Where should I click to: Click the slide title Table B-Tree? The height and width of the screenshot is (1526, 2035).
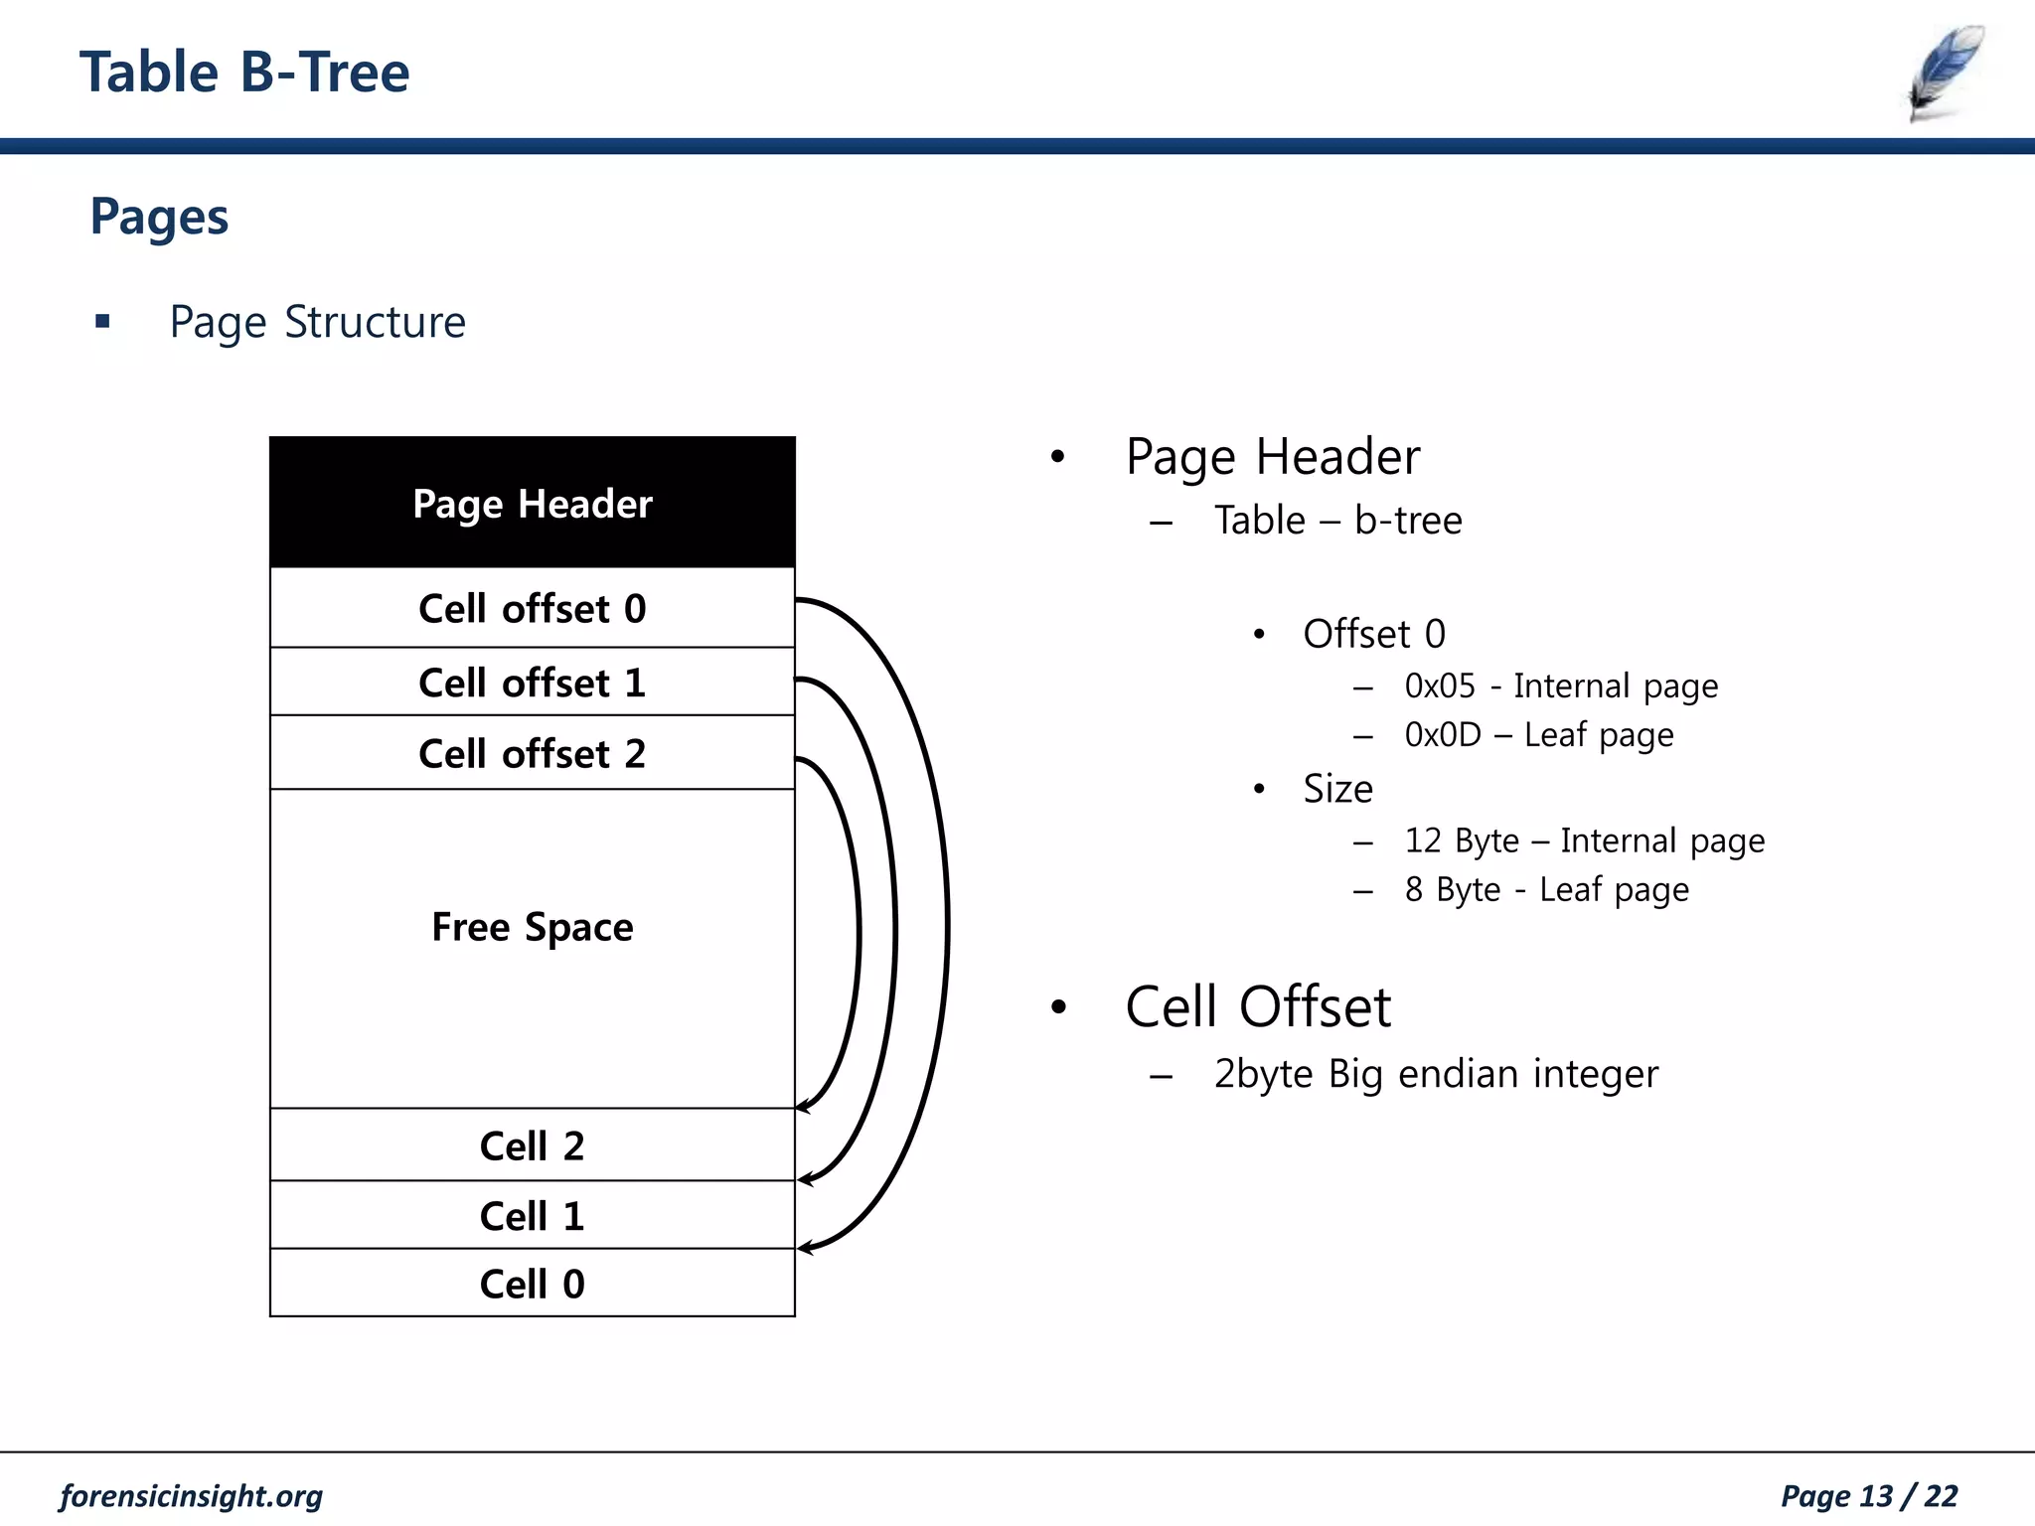click(244, 73)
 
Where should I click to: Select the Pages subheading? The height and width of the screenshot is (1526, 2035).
click(159, 217)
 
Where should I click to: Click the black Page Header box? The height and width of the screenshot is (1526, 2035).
click(533, 503)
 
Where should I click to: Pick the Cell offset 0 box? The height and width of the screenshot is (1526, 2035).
click(533, 608)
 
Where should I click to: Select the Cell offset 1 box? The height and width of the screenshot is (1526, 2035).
click(533, 683)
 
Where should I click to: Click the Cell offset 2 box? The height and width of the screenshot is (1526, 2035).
click(533, 753)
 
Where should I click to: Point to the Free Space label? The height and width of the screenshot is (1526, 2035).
click(533, 927)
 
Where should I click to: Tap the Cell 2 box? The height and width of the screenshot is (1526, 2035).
click(533, 1145)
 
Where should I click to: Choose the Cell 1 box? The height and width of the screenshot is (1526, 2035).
click(533, 1215)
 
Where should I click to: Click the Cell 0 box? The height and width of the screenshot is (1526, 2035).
click(533, 1284)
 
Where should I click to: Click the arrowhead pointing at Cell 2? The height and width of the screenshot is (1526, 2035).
click(803, 1107)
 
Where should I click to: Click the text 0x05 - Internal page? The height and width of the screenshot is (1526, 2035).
click(1561, 686)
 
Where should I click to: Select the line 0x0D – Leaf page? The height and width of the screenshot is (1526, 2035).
click(1539, 735)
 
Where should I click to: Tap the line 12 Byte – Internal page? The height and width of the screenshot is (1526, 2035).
click(1584, 840)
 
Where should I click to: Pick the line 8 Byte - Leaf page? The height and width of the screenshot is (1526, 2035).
click(1546, 889)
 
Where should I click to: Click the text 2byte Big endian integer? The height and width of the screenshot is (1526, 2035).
click(1436, 1074)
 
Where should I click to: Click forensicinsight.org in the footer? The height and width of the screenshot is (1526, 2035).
click(191, 1496)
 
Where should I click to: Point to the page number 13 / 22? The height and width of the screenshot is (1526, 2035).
click(1868, 1496)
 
